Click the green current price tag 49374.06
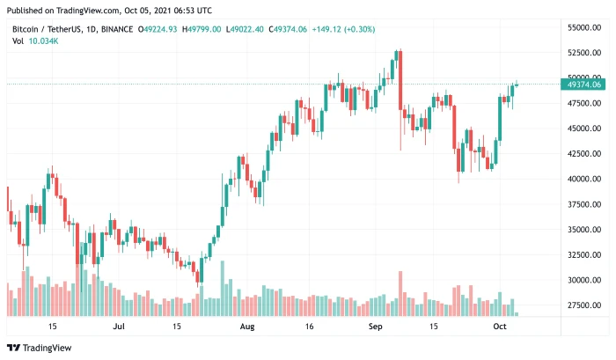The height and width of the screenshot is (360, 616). [583, 84]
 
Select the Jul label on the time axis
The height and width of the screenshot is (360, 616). [118, 326]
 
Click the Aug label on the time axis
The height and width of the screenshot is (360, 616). [247, 326]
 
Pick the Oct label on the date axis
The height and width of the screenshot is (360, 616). [499, 326]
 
